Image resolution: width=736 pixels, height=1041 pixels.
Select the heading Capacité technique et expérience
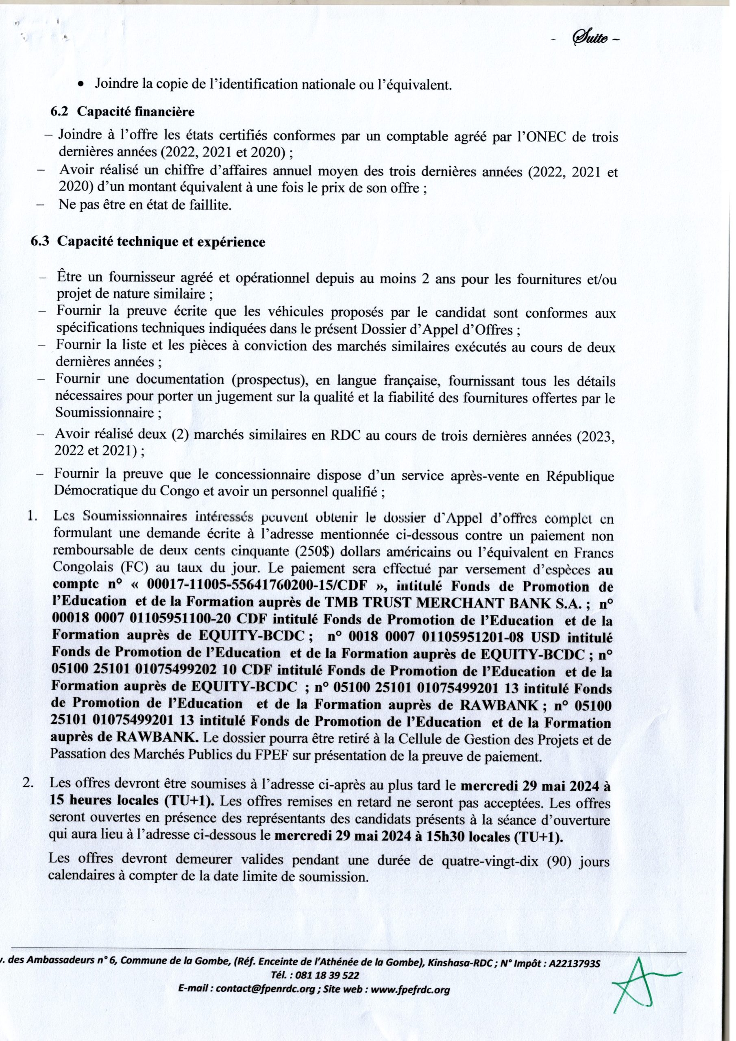click(x=161, y=242)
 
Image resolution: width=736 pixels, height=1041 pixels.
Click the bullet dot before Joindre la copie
click(x=81, y=85)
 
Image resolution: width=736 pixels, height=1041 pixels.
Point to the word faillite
click(x=209, y=205)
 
